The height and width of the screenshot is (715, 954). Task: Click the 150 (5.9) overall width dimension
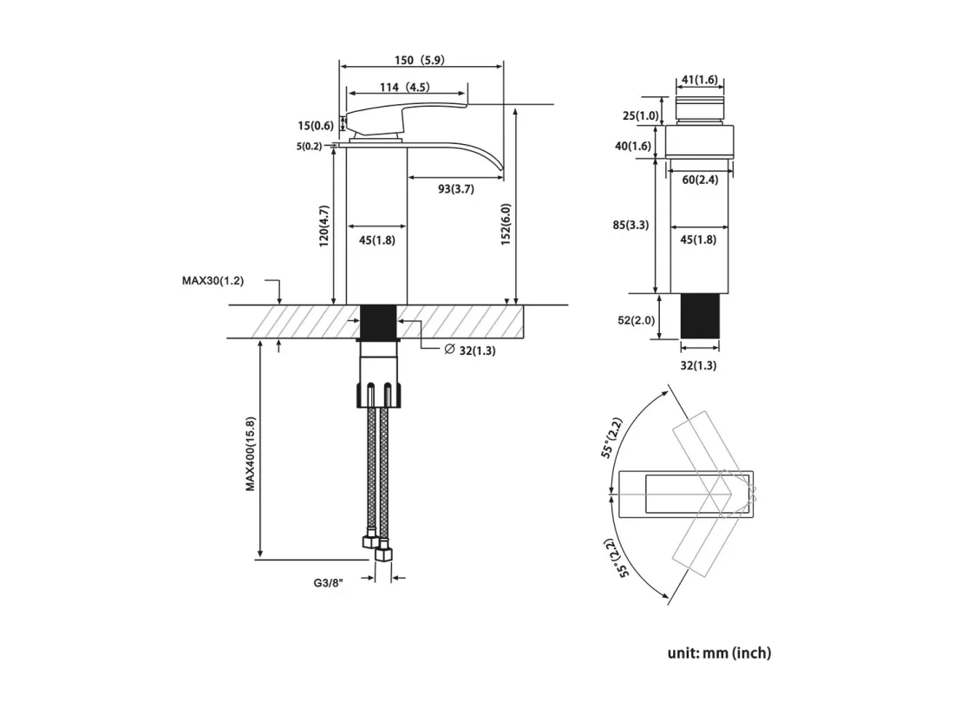419,60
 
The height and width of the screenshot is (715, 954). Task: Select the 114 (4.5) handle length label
404,88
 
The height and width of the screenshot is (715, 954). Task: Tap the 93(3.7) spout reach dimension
455,189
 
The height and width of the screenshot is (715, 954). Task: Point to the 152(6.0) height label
506,225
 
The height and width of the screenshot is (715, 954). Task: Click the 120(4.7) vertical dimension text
323,226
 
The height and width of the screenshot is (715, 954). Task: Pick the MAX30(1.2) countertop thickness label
213,281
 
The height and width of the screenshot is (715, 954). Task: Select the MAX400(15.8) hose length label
251,454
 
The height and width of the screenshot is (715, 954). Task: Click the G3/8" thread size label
329,583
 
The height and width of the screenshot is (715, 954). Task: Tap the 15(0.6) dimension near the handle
315,126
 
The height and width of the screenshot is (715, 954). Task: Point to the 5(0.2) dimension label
309,147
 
